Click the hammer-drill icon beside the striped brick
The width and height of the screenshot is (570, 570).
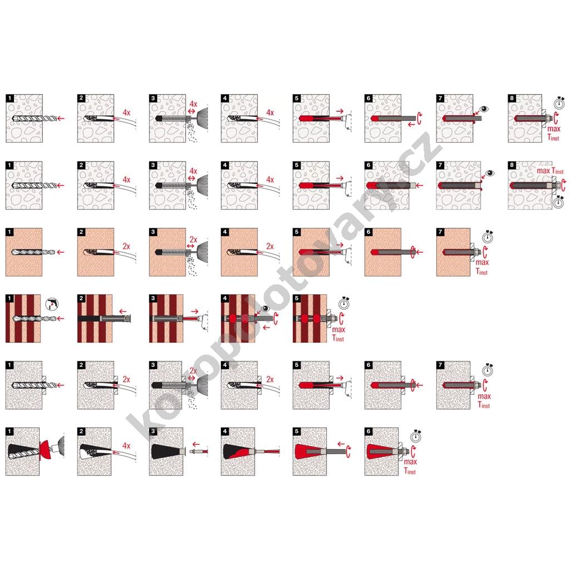coord(52,304)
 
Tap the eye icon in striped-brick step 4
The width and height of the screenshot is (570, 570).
coord(266,308)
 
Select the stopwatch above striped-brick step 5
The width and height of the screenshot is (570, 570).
coord(345,302)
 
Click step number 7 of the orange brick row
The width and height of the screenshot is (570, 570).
coord(440,232)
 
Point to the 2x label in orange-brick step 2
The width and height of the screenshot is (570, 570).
coord(126,247)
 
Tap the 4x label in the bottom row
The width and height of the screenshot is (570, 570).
coord(126,446)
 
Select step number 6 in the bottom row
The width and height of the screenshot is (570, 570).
coord(368,431)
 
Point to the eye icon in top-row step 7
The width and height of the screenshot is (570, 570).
coord(485,109)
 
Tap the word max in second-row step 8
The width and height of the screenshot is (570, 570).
coord(543,170)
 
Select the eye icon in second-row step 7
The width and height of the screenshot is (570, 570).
coord(490,173)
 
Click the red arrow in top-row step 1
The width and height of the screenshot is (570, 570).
coord(61,118)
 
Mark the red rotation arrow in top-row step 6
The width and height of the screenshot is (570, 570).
coord(420,119)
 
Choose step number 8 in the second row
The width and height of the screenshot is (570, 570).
coord(512,165)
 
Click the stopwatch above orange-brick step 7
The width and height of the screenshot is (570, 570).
coord(488,237)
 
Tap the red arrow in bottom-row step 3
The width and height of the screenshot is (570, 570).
coord(195,444)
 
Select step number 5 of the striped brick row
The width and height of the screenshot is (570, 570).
coord(297,298)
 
